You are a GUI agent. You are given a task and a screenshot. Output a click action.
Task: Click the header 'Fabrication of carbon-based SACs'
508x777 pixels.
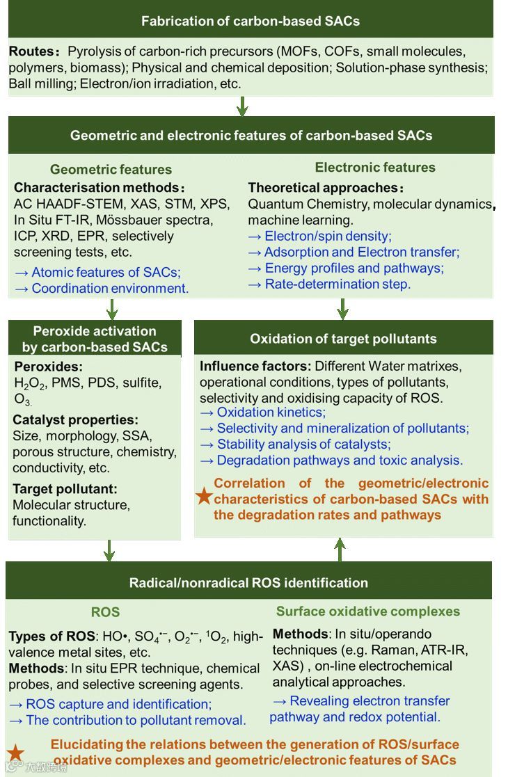pos(251,21)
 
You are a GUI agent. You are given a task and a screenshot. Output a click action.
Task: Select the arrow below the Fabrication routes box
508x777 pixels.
pos(242,106)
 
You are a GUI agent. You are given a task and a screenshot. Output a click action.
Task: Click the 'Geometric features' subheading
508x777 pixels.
pos(111,169)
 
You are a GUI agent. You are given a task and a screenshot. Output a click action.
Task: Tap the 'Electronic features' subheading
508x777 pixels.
pos(375,167)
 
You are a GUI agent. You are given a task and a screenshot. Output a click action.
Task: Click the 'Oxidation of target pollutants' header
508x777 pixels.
pos(343,339)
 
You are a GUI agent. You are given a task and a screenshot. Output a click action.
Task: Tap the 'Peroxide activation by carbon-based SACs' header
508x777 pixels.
pos(95,339)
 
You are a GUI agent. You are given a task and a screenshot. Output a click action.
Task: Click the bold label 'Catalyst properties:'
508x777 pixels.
pos(75,420)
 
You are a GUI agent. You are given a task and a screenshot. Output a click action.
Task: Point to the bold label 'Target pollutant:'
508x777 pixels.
pos(65,488)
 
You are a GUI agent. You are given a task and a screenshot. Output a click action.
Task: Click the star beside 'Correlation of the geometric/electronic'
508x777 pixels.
pos(204,495)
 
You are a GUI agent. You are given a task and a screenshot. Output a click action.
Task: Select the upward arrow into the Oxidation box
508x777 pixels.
pos(340,549)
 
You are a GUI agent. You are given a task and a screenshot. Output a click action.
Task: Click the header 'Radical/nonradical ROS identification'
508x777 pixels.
pos(248,582)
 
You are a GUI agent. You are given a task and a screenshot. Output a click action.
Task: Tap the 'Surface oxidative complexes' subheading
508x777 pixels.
pos(368,611)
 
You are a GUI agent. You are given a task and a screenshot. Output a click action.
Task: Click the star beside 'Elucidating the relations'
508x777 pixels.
pos(16,752)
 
